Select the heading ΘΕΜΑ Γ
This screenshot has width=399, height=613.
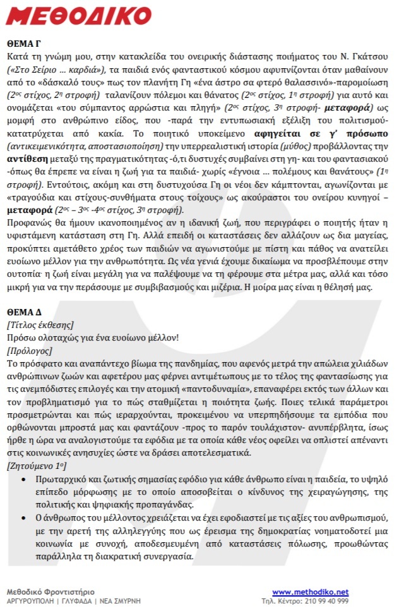coord(25,46)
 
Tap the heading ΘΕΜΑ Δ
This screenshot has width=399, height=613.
coord(25,312)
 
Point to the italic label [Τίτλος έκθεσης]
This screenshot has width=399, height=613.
coord(40,325)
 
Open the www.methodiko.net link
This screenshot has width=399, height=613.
coord(311,592)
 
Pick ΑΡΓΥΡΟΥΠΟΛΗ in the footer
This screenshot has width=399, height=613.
coord(30,600)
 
